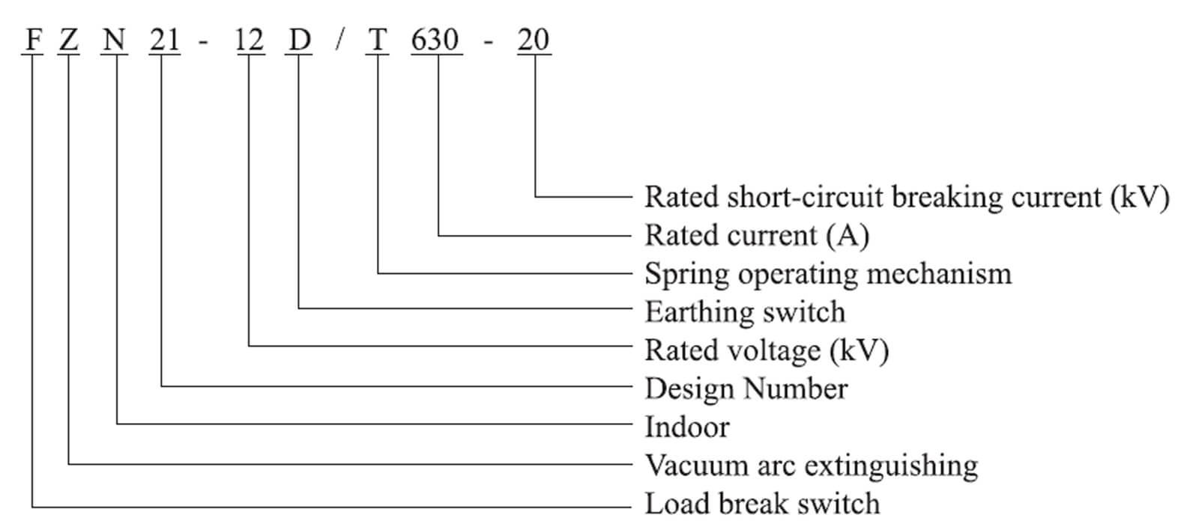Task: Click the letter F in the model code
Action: click(32, 39)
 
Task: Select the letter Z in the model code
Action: click(68, 39)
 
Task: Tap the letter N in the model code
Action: click(114, 39)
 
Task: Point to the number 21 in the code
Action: click(164, 39)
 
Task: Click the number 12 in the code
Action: click(250, 39)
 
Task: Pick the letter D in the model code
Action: click(299, 39)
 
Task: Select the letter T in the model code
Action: click(378, 39)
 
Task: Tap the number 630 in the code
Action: click(435, 39)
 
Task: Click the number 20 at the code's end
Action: click(534, 39)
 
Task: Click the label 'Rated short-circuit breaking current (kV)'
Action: click(907, 198)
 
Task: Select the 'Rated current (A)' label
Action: click(757, 236)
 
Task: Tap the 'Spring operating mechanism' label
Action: click(828, 274)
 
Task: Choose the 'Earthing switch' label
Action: click(745, 312)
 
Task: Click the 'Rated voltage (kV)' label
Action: click(767, 350)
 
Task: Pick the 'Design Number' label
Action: click(746, 389)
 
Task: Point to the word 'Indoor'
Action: click(686, 427)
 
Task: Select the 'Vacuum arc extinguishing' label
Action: click(812, 465)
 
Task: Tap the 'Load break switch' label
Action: click(762, 503)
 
